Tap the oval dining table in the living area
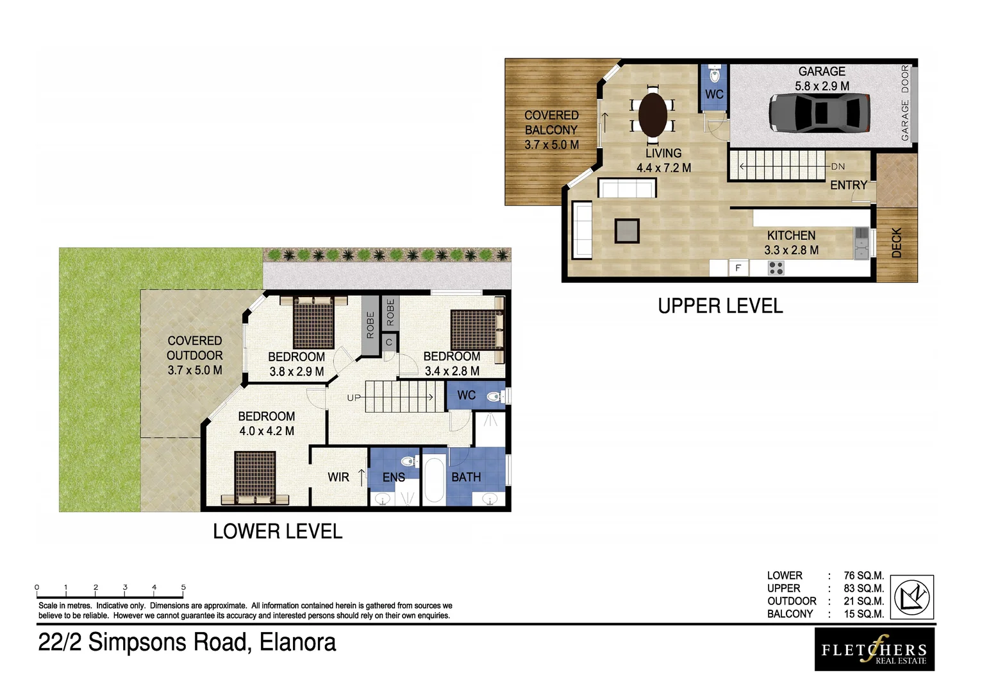tap(653, 115)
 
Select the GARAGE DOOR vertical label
tap(905, 103)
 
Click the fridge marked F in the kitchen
tap(738, 268)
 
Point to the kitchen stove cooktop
tap(776, 268)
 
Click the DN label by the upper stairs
tap(838, 166)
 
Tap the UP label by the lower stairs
tap(354, 398)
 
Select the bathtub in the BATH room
tap(434, 480)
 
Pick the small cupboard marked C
tap(388, 343)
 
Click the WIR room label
tap(338, 477)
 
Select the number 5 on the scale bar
tap(183, 587)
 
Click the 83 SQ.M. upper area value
tap(863, 588)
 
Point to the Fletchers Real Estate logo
tap(874, 649)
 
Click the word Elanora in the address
tap(297, 642)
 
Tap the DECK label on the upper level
tap(897, 243)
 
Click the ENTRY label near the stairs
tap(848, 185)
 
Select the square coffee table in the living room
tap(627, 231)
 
